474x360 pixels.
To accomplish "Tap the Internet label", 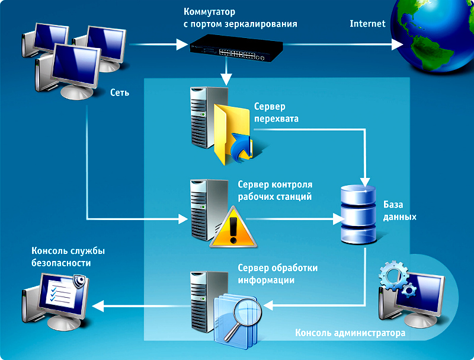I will coord(367,24).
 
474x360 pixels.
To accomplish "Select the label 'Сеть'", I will coord(119,93).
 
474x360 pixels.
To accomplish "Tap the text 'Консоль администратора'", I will coord(350,333).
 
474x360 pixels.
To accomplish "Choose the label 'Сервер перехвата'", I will coord(277,113).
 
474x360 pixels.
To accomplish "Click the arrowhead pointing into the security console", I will coord(99,306).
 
